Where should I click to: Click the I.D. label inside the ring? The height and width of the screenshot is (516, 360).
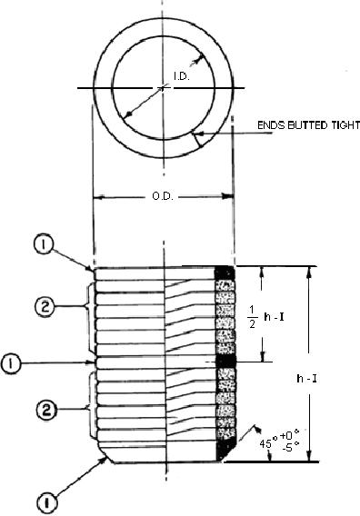tap(182, 76)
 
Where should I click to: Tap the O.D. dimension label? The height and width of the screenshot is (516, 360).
tap(163, 196)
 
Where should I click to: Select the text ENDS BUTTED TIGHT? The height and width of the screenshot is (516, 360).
tap(308, 125)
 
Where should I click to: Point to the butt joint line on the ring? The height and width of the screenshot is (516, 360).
tap(196, 140)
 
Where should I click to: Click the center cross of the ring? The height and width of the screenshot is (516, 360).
tap(164, 88)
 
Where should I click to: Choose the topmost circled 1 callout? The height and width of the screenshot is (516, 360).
tap(43, 245)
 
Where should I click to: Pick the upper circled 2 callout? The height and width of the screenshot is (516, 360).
tap(45, 307)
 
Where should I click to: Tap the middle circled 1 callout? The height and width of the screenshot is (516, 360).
tap(11, 363)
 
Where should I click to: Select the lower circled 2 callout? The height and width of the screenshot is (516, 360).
tap(45, 410)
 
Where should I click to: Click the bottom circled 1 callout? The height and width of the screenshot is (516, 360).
tap(47, 502)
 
